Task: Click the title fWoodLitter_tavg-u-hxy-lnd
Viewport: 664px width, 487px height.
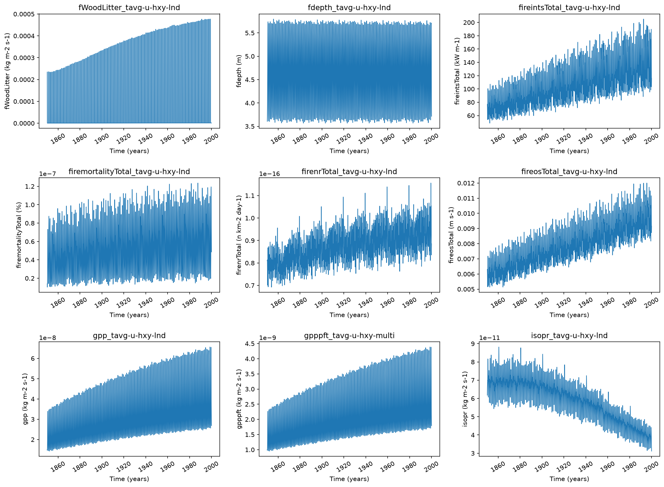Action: (x=129, y=7)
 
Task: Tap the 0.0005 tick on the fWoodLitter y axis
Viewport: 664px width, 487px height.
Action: (x=24, y=14)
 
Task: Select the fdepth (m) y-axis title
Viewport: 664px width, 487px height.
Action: (x=239, y=71)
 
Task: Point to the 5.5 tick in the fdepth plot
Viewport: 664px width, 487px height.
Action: (x=250, y=33)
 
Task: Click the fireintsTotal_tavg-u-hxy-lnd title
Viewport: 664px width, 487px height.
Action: (x=569, y=7)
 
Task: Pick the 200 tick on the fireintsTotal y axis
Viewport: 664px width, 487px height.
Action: (x=469, y=23)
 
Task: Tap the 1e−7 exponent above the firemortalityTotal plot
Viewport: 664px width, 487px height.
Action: (x=47, y=174)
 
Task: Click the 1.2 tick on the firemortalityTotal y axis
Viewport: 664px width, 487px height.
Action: (x=30, y=187)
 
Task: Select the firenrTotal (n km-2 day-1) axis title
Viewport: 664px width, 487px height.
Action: (x=239, y=235)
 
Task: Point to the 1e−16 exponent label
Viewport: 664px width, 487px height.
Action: (x=270, y=174)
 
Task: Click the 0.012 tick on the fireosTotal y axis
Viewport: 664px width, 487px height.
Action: (x=466, y=183)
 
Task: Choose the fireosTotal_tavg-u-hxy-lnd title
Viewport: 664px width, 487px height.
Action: (x=569, y=171)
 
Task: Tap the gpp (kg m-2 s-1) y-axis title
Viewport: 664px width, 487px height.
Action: (x=25, y=399)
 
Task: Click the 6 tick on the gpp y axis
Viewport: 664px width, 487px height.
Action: (x=33, y=358)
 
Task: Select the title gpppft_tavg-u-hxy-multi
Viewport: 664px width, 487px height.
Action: (x=349, y=336)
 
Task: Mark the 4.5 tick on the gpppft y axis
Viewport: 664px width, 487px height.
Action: (x=250, y=344)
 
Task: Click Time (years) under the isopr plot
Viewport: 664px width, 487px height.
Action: (x=569, y=479)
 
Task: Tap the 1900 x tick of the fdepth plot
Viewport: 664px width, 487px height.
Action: (x=321, y=139)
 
